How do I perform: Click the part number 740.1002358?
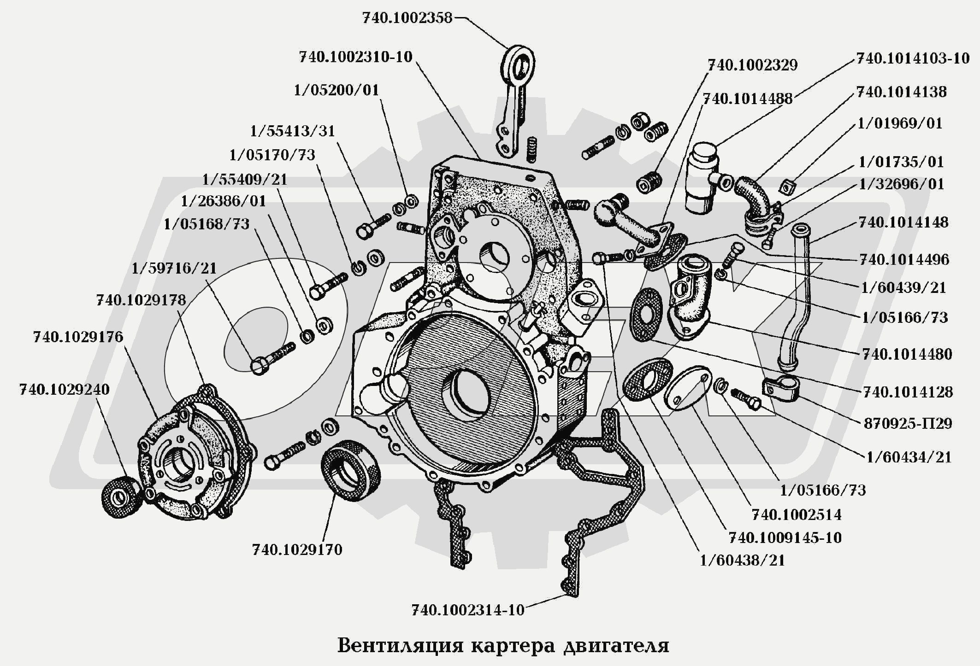click(407, 18)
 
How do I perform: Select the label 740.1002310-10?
click(355, 57)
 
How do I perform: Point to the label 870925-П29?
click(908, 423)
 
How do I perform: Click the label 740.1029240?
click(65, 390)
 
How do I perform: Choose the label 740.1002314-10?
click(468, 610)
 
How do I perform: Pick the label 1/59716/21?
click(174, 268)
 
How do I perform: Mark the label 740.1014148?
click(903, 222)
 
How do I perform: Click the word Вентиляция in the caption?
click(400, 646)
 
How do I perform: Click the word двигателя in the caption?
click(616, 646)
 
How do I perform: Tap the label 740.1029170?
click(297, 549)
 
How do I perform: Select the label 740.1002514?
click(797, 514)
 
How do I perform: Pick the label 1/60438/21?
click(742, 561)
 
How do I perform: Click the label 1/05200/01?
click(336, 90)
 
